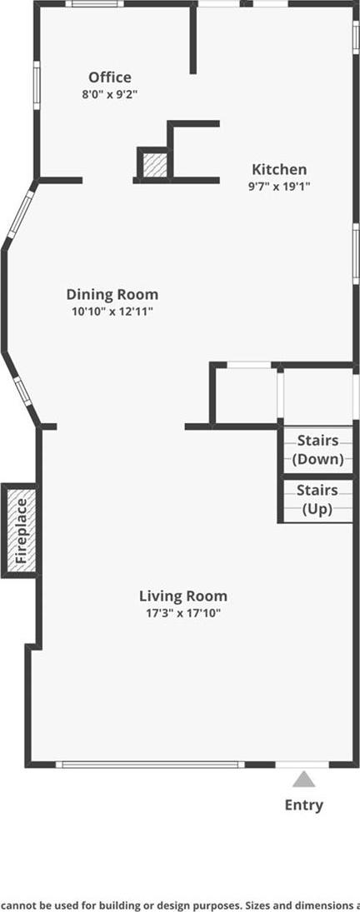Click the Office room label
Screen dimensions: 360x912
point(110,77)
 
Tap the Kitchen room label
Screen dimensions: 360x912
point(279,170)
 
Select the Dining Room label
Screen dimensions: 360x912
point(112,294)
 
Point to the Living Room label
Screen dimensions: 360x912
point(183,596)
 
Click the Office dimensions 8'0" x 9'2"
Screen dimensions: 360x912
point(110,93)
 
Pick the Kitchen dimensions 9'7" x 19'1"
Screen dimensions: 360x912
point(279,186)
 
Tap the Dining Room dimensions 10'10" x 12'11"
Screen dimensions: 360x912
point(112,311)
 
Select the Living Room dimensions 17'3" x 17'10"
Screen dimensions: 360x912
point(183,612)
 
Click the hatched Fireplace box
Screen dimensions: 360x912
point(21,531)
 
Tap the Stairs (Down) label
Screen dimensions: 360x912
point(317,450)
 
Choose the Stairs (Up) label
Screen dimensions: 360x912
point(317,500)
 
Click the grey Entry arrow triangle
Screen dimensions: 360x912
point(303,779)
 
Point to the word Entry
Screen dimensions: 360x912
point(303,805)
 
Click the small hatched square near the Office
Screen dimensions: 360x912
point(155,165)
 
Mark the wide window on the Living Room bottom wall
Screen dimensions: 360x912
point(150,765)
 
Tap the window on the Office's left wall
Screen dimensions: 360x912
point(37,85)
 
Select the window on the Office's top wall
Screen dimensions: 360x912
point(94,3)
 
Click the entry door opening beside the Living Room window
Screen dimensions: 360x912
point(302,765)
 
